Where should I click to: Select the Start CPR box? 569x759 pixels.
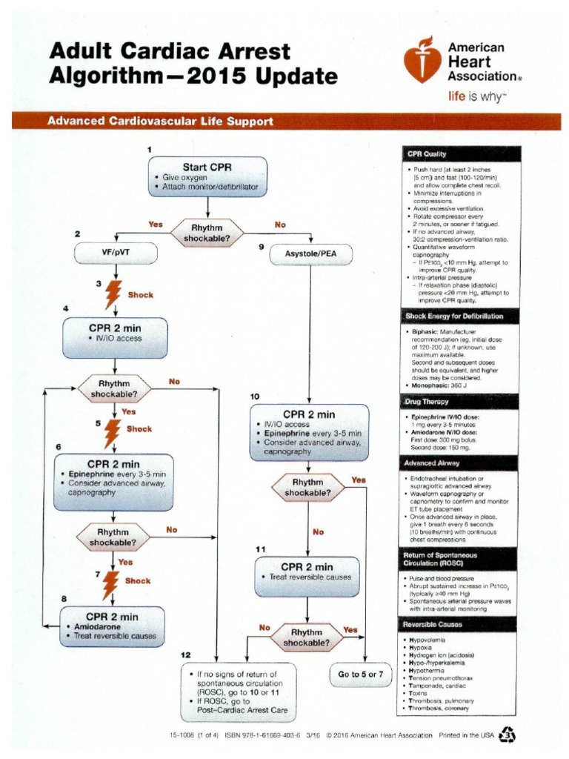(x=207, y=177)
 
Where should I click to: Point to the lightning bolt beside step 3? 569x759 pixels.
(x=114, y=295)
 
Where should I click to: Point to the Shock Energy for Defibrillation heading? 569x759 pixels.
(x=454, y=316)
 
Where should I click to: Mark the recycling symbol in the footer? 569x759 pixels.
(x=508, y=735)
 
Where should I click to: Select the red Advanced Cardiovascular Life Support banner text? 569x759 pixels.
(x=160, y=122)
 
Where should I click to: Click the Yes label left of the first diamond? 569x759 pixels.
(x=156, y=224)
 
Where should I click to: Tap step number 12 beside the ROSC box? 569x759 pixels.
(x=186, y=654)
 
